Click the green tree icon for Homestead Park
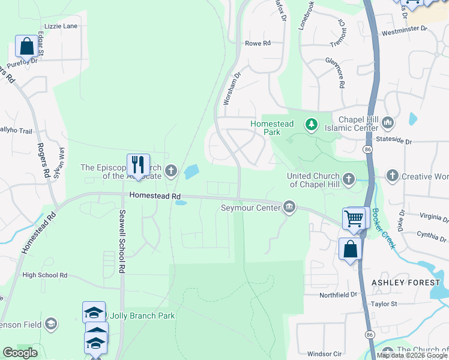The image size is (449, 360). (x=311, y=125)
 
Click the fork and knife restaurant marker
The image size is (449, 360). (x=138, y=165)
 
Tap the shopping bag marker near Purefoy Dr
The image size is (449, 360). (x=27, y=46)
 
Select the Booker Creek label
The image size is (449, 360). (x=384, y=229)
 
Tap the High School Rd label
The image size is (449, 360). (x=45, y=275)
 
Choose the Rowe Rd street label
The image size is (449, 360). (x=259, y=43)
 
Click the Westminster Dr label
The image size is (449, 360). (x=404, y=28)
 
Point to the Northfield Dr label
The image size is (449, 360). (x=338, y=295)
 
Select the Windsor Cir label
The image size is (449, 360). (x=324, y=353)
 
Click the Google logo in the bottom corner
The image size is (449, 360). (x=20, y=353)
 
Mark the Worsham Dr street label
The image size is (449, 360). (x=231, y=89)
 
